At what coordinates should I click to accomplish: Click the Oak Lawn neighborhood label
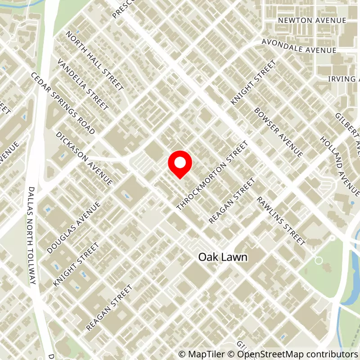[x=223, y=257]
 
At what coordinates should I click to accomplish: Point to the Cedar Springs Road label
[x=63, y=103]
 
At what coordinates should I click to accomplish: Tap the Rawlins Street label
[x=281, y=221]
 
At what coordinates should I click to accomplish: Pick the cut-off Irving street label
[x=344, y=79]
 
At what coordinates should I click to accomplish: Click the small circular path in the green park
[x=319, y=260]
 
